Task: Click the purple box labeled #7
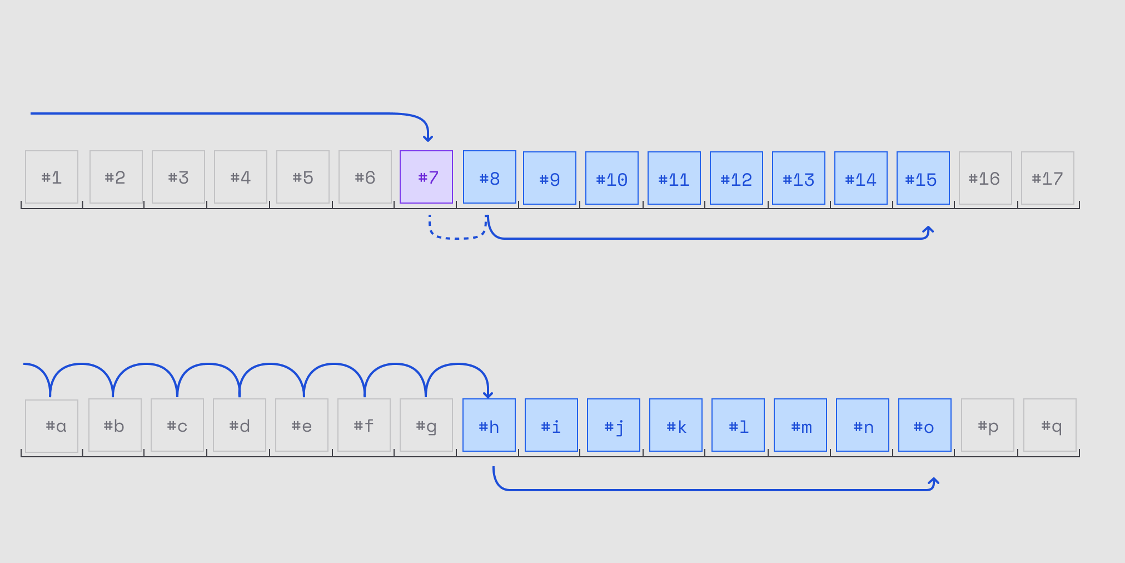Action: [x=426, y=177]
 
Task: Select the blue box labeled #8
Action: [x=490, y=177]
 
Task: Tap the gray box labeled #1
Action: [x=52, y=177]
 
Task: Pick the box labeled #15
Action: [x=923, y=178]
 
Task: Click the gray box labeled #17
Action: [x=1048, y=178]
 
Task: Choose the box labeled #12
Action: [x=736, y=178]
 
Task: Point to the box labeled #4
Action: [x=241, y=177]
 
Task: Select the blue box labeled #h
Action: [x=489, y=425]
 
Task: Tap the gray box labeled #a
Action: [x=52, y=426]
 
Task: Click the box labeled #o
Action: [x=925, y=425]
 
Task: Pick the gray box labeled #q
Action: [x=1050, y=425]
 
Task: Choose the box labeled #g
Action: [x=426, y=425]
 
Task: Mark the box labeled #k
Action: [x=676, y=425]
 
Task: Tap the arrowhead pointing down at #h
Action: [x=488, y=395]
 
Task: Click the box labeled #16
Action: [x=985, y=178]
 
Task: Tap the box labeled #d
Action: [x=240, y=425]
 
